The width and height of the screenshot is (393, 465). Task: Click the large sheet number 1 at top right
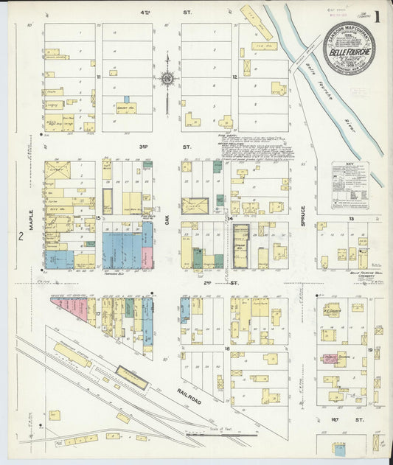point(378,16)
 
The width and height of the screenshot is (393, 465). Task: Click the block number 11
point(98,76)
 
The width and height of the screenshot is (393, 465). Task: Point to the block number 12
point(234,76)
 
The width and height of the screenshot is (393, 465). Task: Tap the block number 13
point(352,219)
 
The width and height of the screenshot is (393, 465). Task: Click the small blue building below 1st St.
point(338,448)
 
